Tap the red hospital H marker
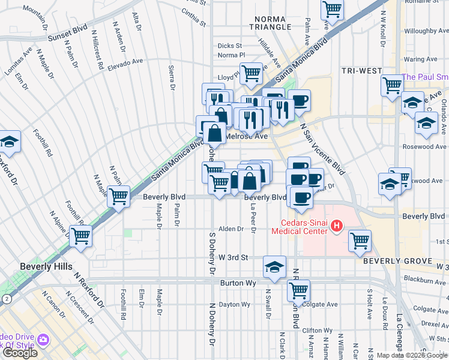point(337,226)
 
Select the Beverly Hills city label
point(46,266)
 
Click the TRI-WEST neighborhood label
point(362,71)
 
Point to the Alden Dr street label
point(231,229)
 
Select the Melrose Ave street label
point(246,136)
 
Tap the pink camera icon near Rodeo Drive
point(43,340)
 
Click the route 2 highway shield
point(6,298)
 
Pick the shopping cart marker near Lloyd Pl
point(252,73)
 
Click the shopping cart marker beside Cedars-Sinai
point(360,241)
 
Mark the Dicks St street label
point(229,46)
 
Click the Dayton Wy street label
point(234,304)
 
